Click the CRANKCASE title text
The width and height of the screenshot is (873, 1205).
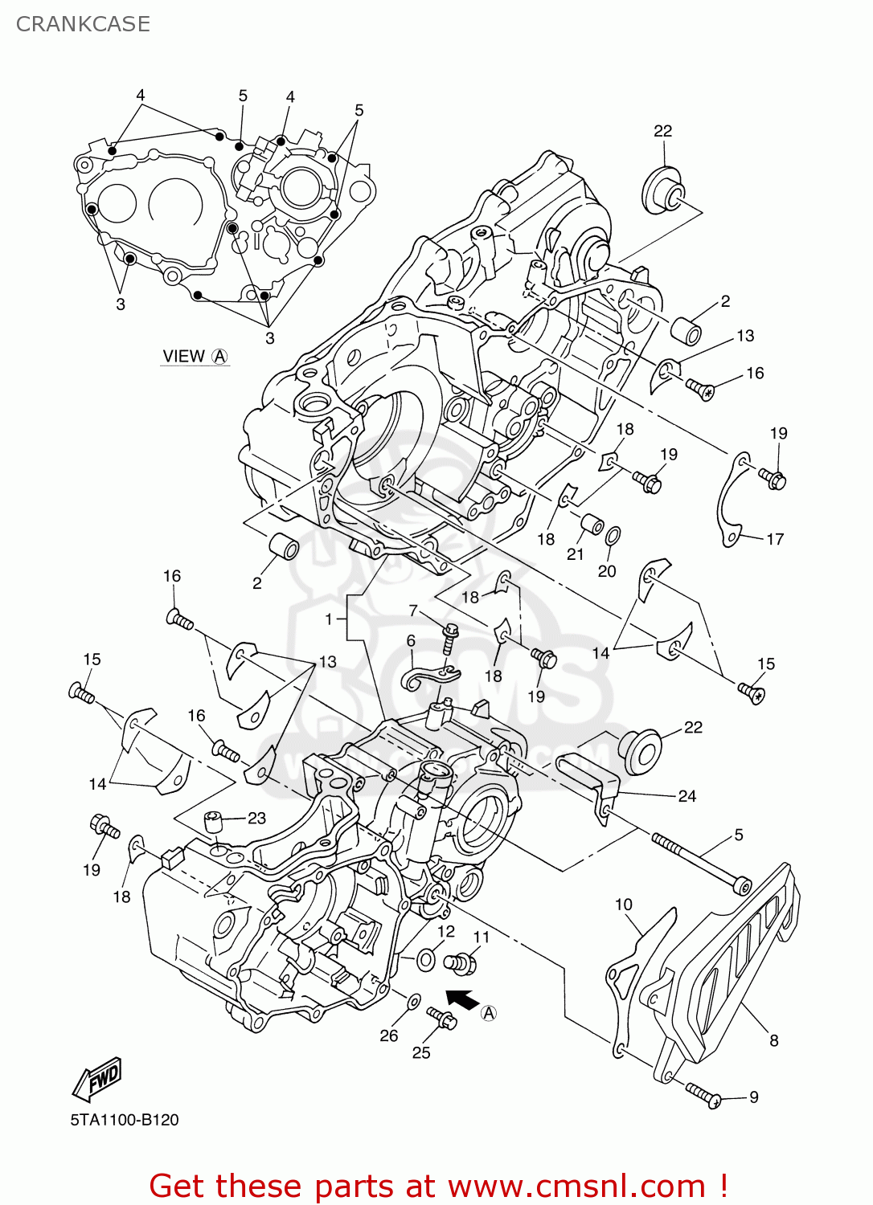point(83,24)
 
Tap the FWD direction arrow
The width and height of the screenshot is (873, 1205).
point(96,1078)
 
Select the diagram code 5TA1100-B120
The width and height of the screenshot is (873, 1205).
point(124,1120)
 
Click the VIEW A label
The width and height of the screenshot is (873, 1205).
point(195,356)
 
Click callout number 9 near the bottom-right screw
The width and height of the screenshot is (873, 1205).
point(753,1097)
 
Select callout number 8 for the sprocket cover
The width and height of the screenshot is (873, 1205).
point(773,1040)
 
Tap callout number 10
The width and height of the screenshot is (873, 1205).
point(624,905)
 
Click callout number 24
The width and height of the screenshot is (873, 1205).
point(687,796)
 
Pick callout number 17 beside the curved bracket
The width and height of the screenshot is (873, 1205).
point(774,539)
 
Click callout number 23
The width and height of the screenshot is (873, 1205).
point(256,818)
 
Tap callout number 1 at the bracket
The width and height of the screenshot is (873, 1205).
point(329,619)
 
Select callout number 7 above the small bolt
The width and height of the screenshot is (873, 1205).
point(413,611)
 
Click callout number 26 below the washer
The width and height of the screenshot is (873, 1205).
point(389,1035)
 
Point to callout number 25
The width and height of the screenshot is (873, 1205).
point(421,1052)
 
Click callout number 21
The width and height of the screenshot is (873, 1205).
point(575,554)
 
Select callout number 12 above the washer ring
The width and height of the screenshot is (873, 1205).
point(446,931)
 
